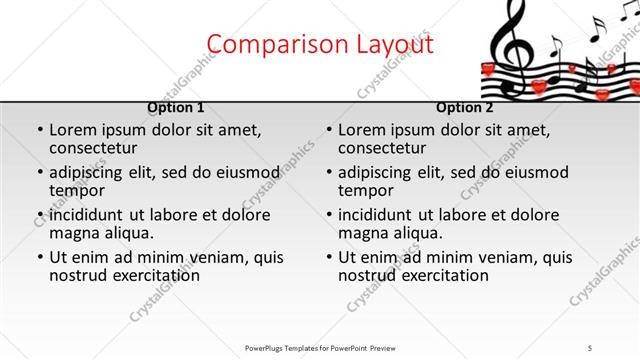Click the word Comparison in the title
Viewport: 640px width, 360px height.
(x=264, y=45)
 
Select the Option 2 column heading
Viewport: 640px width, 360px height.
(x=464, y=108)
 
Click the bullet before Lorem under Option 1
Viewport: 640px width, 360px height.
(x=39, y=131)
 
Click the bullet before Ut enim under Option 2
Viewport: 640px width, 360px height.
(x=328, y=257)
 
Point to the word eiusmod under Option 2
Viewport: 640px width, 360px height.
(x=521, y=172)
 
